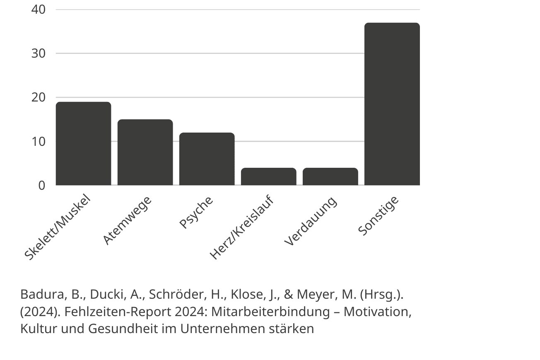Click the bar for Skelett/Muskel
tap(83, 143)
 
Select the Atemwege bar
tap(145, 152)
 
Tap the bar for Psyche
tap(207, 159)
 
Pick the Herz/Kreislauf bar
tap(268, 176)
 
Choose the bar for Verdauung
tap(330, 176)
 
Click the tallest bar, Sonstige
tap(392, 104)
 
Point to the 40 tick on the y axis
tap(38, 9)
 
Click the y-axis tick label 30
tap(38, 53)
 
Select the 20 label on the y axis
tap(38, 97)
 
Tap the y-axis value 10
tap(38, 141)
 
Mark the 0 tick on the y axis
tap(41, 185)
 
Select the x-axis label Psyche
tap(196, 212)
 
